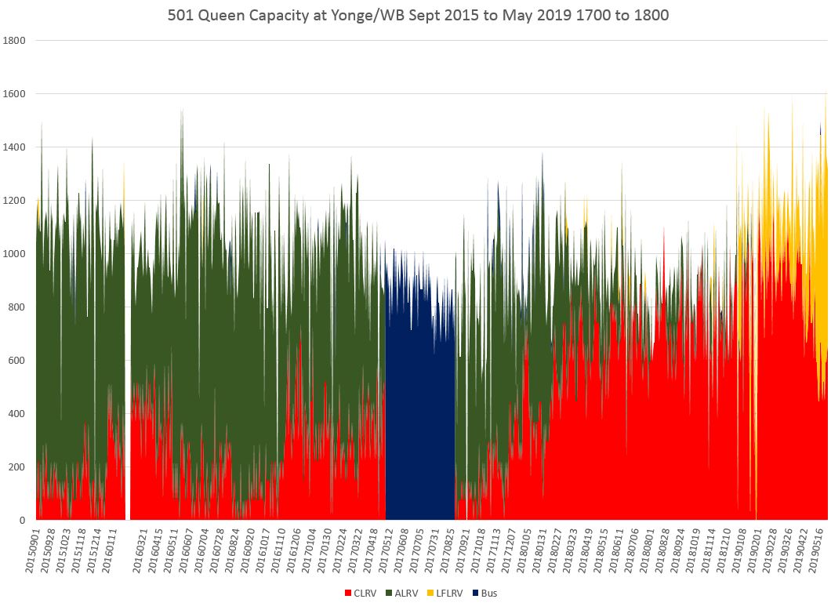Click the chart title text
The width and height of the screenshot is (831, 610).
pos(418,15)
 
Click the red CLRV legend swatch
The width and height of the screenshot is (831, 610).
pos(349,593)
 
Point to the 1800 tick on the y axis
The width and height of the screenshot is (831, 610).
pos(16,41)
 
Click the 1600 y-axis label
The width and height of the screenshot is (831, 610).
pos(16,94)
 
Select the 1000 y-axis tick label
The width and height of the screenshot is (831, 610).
pos(16,254)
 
